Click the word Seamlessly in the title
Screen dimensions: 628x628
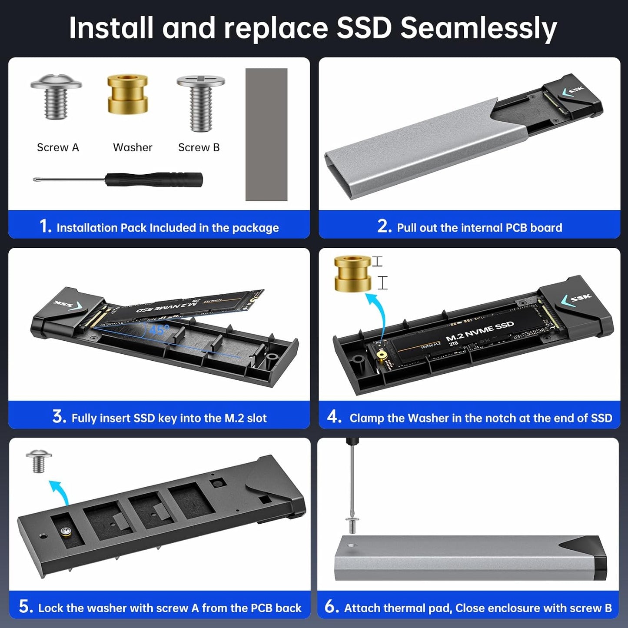[x=478, y=28]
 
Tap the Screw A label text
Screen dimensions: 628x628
[x=58, y=148]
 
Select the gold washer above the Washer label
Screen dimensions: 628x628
[x=128, y=94]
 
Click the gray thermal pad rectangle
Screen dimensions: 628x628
[x=266, y=134]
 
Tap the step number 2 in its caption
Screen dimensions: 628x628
[x=384, y=226]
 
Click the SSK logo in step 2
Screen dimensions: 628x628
[x=574, y=90]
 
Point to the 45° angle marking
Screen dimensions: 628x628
[x=159, y=330]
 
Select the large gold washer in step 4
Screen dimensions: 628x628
[x=352, y=273]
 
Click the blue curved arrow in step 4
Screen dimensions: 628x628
[x=377, y=313]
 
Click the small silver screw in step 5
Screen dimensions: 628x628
[x=39, y=461]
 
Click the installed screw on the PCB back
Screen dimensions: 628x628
[x=66, y=531]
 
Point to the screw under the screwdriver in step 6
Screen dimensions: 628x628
[x=352, y=525]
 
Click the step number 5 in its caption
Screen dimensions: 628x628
[x=25, y=607]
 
